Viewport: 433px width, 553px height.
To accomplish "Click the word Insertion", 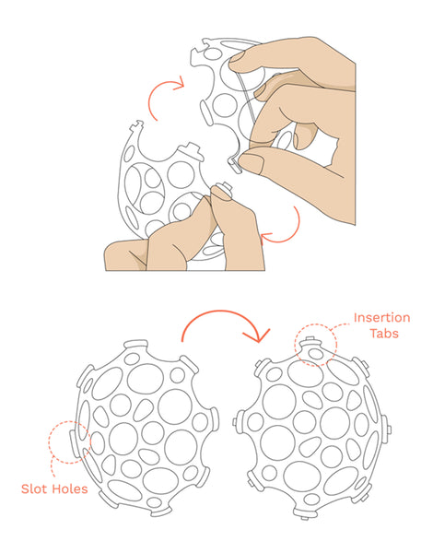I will click(381, 318).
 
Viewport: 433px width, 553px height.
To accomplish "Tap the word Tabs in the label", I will click(386, 334).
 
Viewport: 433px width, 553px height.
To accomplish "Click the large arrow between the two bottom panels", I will click(225, 328).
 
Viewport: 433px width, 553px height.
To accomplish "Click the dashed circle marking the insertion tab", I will click(315, 347).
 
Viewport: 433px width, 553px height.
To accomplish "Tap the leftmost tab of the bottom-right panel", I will click(240, 426).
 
